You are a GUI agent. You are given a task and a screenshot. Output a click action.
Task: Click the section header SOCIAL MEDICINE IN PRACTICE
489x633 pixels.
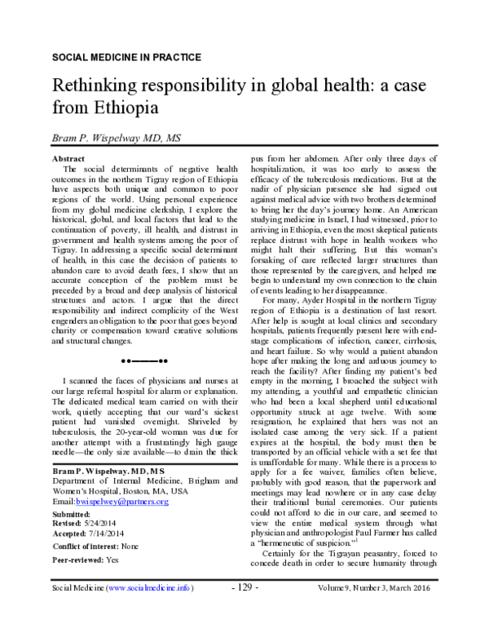[126, 58]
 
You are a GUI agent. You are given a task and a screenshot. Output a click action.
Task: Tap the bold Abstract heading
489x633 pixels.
[68, 157]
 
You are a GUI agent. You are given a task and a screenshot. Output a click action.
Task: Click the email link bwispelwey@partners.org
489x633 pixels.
[131, 503]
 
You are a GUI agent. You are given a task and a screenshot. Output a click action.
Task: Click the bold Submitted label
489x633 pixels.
[71, 515]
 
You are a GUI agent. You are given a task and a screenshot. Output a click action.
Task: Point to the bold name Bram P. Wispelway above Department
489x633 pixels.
[99, 471]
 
